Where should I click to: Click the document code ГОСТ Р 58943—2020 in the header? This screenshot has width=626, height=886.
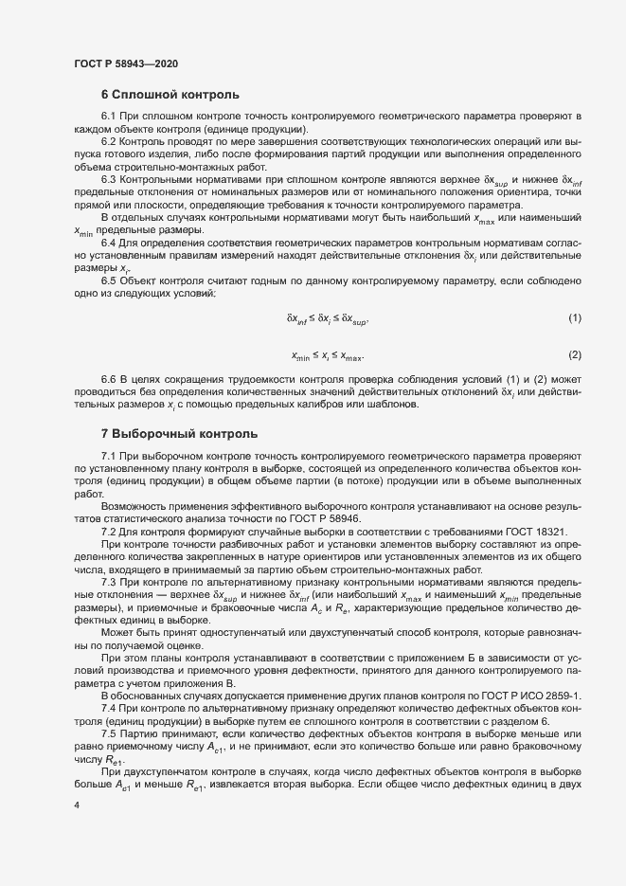point(126,63)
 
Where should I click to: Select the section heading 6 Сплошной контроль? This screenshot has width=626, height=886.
point(170,95)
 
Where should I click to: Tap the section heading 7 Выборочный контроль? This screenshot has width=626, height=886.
point(178,434)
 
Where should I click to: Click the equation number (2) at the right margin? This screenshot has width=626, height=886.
point(574,355)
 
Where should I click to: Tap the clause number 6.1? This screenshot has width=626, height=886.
point(109,117)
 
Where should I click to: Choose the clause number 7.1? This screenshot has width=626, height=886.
point(109,457)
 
